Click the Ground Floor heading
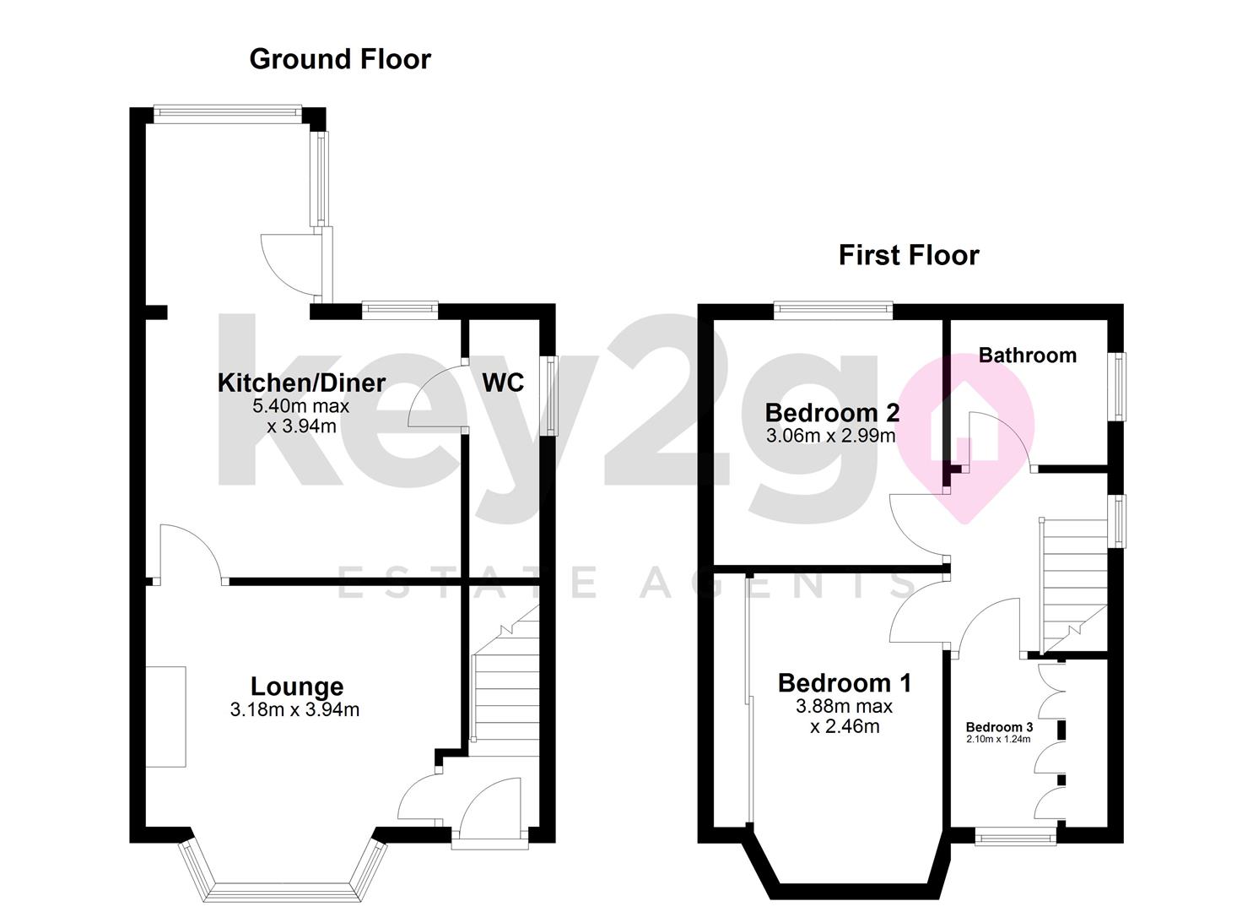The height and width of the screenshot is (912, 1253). pos(340,59)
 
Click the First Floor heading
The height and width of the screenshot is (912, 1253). pos(908,255)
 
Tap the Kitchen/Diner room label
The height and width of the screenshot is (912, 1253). pos(301,383)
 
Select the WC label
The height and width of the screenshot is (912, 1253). pos(503,383)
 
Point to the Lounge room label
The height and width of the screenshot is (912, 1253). pos(297,687)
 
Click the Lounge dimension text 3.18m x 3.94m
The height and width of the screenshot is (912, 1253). pos(294,710)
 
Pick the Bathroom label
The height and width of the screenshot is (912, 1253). pos(1027,356)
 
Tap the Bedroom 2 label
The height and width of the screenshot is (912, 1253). pos(831,413)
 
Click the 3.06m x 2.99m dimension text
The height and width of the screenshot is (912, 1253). pos(830,437)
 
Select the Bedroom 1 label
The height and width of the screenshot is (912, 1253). pos(844,682)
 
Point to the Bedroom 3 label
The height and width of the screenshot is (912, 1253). pos(999,727)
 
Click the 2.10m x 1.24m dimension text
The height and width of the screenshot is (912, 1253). pos(999,740)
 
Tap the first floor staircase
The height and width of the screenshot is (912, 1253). pos(1072,583)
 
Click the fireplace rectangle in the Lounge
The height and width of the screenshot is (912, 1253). pos(165,716)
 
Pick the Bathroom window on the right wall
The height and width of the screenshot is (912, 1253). pos(1117,387)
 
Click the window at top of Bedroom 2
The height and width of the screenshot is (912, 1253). pos(834,310)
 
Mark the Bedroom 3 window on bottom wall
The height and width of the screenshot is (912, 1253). pos(1015,837)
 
